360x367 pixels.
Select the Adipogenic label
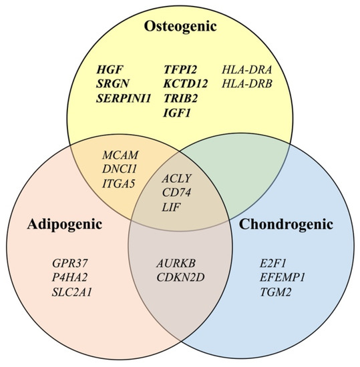point(65,225)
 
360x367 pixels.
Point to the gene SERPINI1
point(122,97)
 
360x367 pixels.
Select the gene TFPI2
point(182,69)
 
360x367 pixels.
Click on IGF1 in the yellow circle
point(178,111)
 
